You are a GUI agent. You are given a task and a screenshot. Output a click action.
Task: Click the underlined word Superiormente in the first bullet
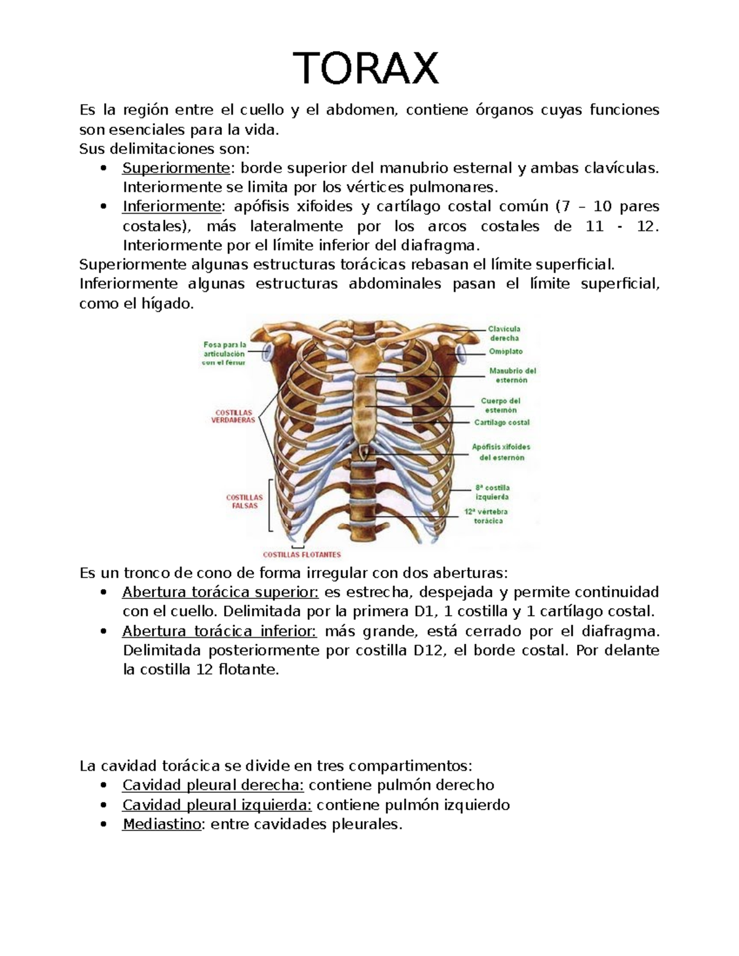click(176, 168)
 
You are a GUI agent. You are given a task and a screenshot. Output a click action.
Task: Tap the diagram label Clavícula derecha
click(504, 333)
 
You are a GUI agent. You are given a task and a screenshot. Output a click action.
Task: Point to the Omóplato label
click(506, 351)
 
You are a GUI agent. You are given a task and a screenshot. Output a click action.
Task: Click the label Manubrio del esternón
click(512, 376)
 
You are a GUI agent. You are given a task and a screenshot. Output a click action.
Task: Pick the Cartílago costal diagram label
click(502, 422)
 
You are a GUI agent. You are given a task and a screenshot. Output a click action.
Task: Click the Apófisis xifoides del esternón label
click(501, 452)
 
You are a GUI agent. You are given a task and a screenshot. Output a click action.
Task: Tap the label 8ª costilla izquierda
click(492, 492)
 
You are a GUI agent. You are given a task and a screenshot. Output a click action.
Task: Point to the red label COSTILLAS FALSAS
click(244, 501)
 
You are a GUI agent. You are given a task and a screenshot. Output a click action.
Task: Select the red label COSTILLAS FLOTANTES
click(302, 554)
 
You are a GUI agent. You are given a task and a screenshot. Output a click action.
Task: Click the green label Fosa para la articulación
click(224, 353)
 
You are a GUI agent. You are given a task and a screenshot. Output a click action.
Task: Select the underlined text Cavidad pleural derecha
click(213, 785)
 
